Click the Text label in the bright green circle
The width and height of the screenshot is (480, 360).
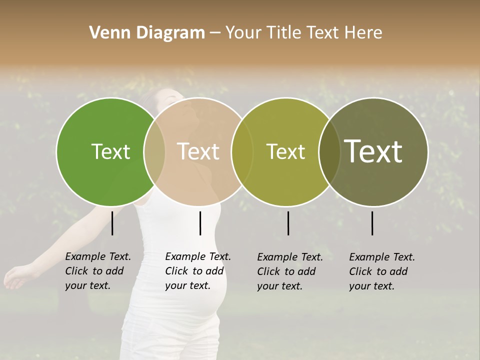pos(110,151)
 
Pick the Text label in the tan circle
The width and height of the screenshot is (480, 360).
pos(198,151)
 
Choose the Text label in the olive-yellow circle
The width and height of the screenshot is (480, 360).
pos(285,151)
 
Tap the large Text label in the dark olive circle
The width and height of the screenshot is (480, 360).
pos(373,151)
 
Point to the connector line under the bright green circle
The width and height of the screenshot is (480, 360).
pos(112,223)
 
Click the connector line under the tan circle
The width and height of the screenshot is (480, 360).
pos(200,223)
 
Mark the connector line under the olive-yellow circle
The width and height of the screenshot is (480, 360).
pos(288,223)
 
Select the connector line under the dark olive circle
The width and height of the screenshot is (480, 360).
pos(372,223)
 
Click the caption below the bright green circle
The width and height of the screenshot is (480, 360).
pos(97,271)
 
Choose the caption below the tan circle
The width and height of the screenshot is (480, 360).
pos(197,271)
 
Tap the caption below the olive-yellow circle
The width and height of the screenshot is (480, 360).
pos(289,271)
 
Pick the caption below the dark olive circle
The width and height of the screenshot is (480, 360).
pos(381,271)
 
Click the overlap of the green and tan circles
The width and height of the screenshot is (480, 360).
pos(154,151)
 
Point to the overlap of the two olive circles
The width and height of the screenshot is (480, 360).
pos(329,151)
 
